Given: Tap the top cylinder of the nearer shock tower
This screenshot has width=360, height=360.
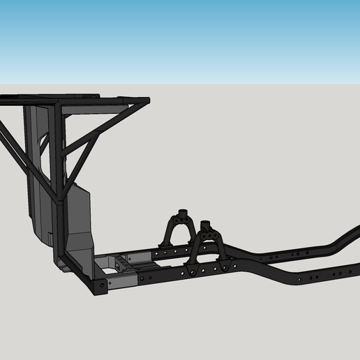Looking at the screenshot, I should coord(205,226).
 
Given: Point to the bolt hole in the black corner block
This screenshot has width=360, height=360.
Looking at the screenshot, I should coord(100,285).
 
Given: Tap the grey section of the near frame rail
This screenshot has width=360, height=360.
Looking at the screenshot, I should coord(123,282).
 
